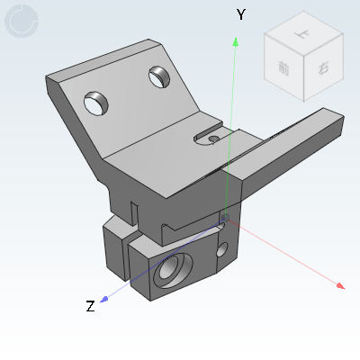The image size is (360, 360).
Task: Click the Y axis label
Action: click(240, 14)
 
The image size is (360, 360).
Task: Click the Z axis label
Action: click(90, 306)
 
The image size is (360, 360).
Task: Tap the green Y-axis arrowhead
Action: click(236, 40)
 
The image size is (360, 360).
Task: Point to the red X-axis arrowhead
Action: click(340, 286)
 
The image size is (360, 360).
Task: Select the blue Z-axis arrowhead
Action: click(105, 300)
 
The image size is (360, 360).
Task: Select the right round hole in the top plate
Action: click(159, 78)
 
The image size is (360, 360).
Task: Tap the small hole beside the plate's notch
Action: click(213, 139)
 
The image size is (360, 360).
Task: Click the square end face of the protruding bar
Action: click(333, 128)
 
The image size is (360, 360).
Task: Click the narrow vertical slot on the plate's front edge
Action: click(135, 215)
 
